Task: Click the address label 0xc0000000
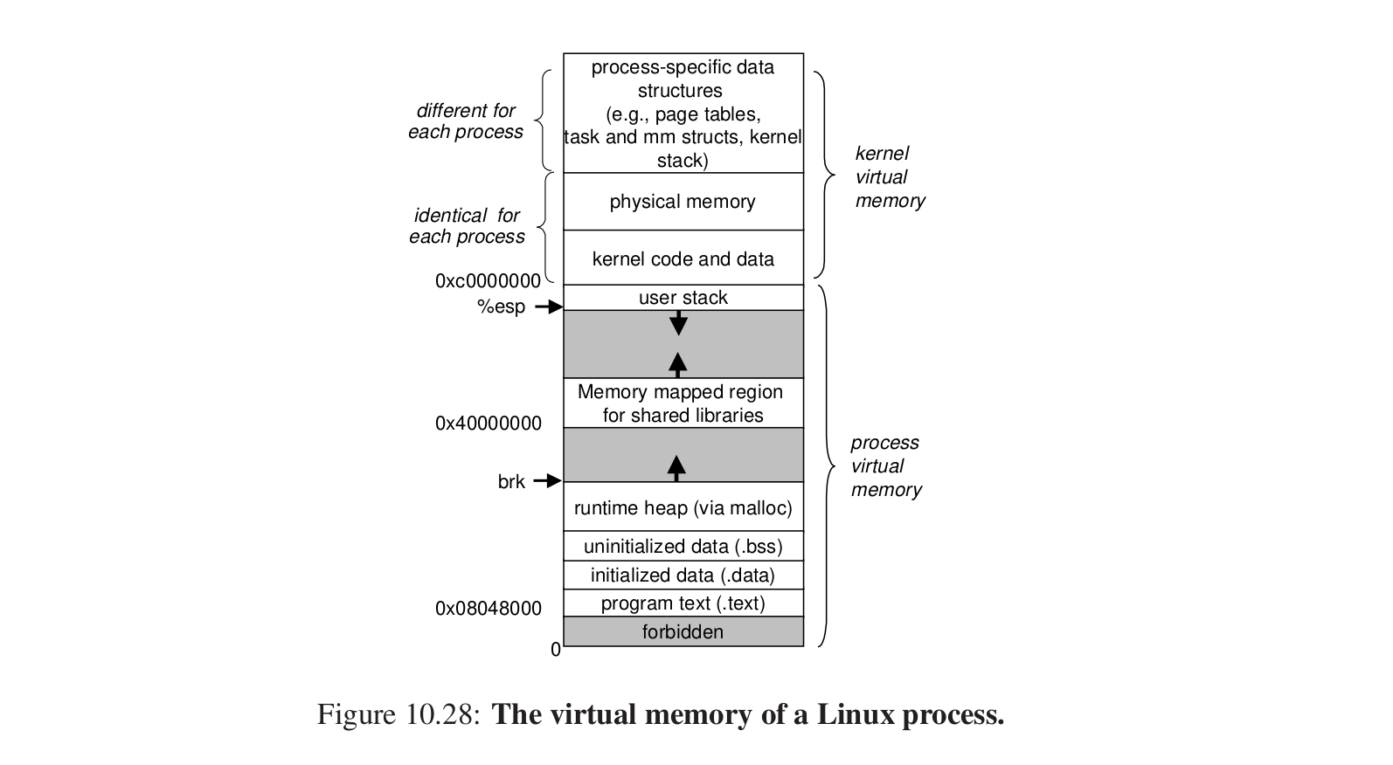(x=488, y=281)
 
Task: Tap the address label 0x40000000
(x=488, y=424)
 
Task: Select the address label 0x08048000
(x=488, y=609)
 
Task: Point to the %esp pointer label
(x=501, y=307)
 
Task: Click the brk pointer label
(x=511, y=481)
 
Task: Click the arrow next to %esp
(x=549, y=307)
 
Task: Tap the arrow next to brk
(x=547, y=480)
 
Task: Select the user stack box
(x=683, y=298)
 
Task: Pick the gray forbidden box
(x=683, y=631)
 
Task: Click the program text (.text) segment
(x=683, y=603)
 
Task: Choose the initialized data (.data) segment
(x=683, y=575)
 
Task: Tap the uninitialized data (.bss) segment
(x=683, y=547)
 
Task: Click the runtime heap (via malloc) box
(x=683, y=507)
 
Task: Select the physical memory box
(x=683, y=202)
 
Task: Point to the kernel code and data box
(x=683, y=258)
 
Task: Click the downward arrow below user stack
(x=678, y=323)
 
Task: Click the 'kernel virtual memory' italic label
(x=890, y=177)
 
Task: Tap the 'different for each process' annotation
(x=466, y=121)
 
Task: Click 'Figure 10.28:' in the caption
(x=398, y=715)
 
